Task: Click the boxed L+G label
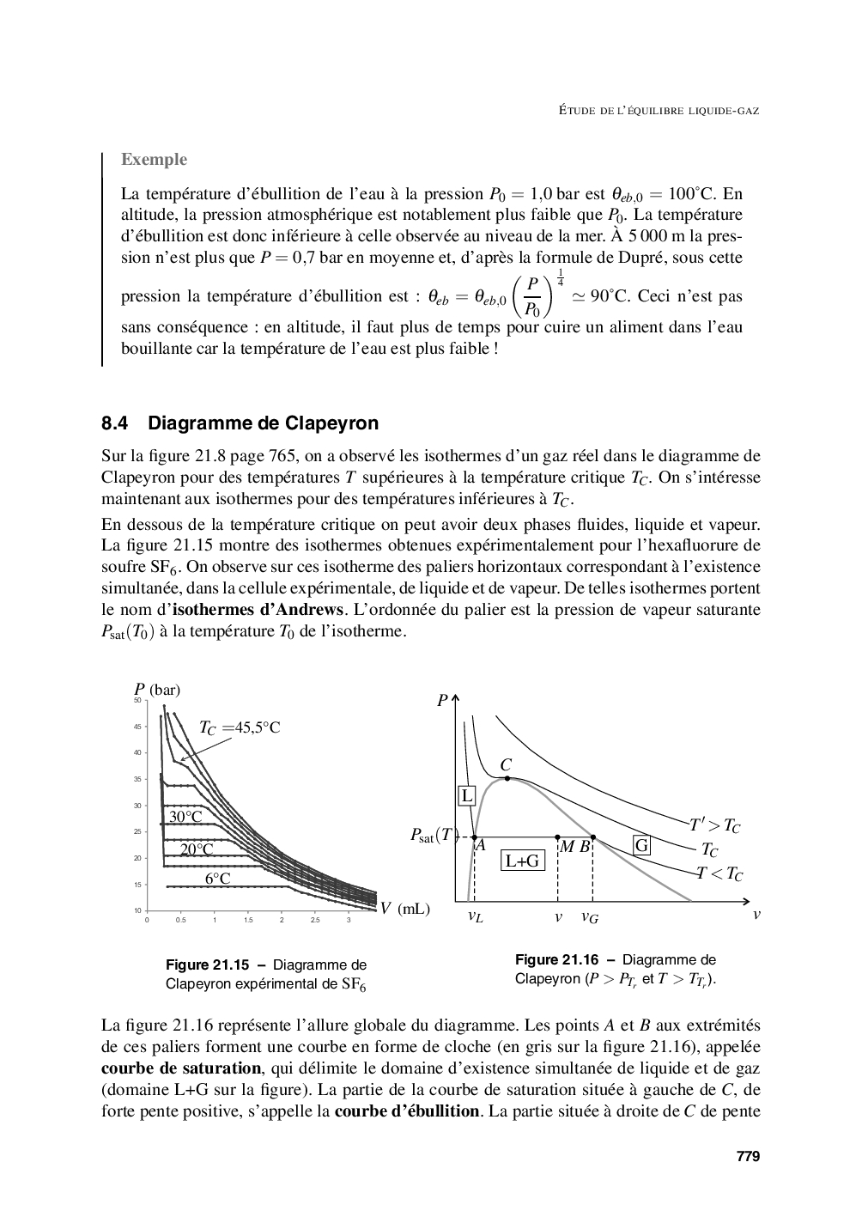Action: click(x=522, y=860)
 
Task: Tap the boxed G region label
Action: click(x=640, y=845)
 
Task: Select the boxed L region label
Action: click(x=467, y=795)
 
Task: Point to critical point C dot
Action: click(x=507, y=778)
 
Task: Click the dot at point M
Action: click(x=558, y=837)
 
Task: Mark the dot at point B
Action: click(x=593, y=837)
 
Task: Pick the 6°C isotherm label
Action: click(x=218, y=878)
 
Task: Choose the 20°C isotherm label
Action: click(x=197, y=849)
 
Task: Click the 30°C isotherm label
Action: click(x=185, y=817)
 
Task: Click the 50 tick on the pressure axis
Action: click(x=137, y=701)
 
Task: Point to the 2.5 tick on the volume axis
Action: click(x=315, y=920)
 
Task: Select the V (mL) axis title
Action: click(x=405, y=908)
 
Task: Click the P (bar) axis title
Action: click(x=157, y=690)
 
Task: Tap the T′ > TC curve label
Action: click(x=714, y=826)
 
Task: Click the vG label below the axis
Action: click(x=590, y=917)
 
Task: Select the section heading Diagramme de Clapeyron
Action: click(x=263, y=423)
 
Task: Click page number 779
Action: click(x=748, y=1156)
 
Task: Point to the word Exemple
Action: click(x=154, y=159)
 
